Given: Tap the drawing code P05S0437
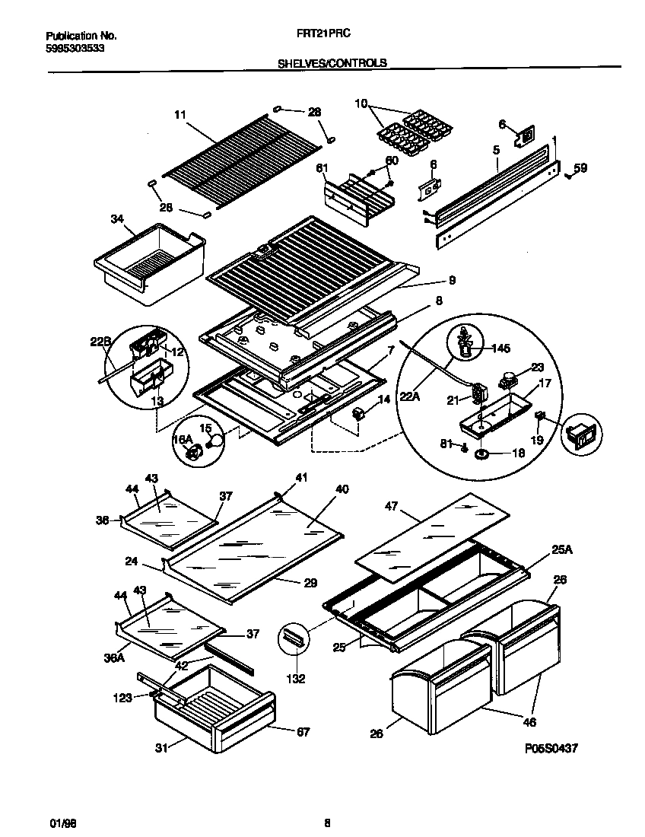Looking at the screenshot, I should coord(551,749).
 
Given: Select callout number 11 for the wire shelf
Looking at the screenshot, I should coord(180,115).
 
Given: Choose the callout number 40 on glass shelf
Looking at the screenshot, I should coord(342,489).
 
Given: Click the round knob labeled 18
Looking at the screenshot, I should coord(482,455).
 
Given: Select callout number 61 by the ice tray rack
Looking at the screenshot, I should coord(322,168).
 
